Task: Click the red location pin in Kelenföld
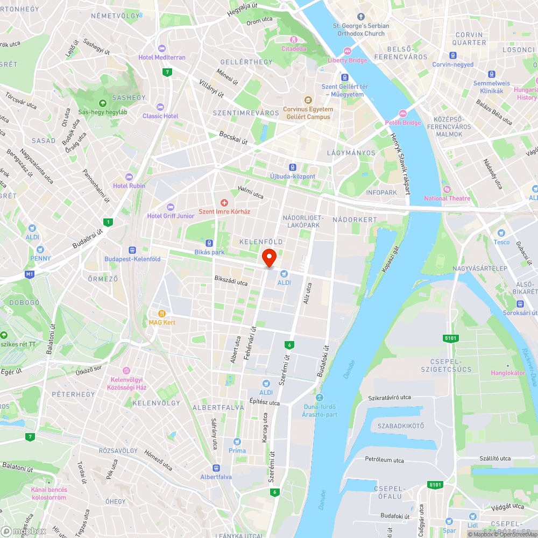269,257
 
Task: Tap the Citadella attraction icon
294,40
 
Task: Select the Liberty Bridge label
348,60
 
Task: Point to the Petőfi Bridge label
403,123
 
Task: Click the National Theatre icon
447,189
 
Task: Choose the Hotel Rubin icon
129,177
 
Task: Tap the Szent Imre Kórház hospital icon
224,202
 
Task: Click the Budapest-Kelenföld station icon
132,250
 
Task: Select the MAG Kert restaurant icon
161,313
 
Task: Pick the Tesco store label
501,242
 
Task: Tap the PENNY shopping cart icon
40,250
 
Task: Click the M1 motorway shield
29,274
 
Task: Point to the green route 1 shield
109,222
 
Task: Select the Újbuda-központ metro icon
293,167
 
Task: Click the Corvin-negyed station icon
453,55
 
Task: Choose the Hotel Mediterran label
161,58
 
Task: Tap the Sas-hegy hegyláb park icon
103,103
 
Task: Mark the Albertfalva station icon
216,468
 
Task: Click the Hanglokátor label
507,373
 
